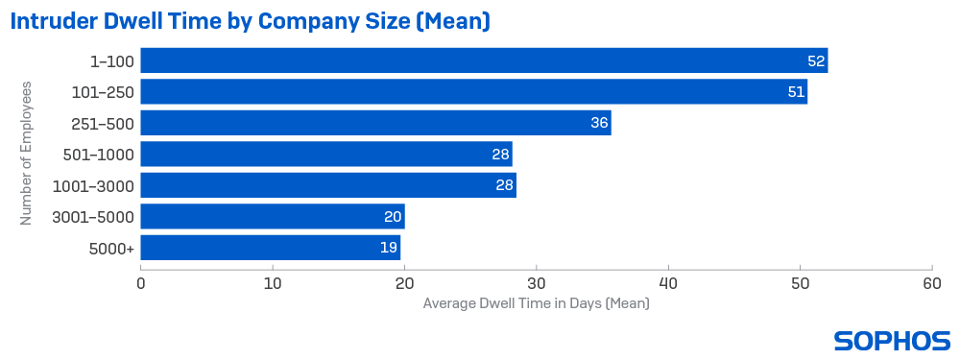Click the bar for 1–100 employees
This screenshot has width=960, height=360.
(x=484, y=60)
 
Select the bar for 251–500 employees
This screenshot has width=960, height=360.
(x=375, y=123)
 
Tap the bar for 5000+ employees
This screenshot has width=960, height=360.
(x=271, y=248)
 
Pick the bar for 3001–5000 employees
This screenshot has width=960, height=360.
(x=273, y=216)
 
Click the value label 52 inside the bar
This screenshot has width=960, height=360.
(x=816, y=60)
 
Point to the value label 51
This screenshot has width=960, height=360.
(x=796, y=92)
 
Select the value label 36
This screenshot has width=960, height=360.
(x=599, y=123)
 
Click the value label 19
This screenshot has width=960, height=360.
(x=390, y=248)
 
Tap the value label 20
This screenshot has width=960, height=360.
(x=393, y=216)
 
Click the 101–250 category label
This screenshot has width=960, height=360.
(x=103, y=92)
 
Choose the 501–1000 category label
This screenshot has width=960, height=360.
(x=99, y=154)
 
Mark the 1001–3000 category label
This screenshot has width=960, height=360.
(x=95, y=185)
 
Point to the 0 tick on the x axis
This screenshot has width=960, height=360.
(x=141, y=283)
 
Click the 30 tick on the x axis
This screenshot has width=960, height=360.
(x=537, y=283)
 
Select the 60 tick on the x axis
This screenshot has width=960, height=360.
(x=932, y=283)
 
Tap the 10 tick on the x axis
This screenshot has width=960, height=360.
(x=273, y=283)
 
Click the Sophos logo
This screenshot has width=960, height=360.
(x=892, y=340)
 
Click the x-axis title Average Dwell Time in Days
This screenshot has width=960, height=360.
(x=536, y=304)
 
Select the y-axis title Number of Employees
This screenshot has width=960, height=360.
(x=27, y=154)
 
